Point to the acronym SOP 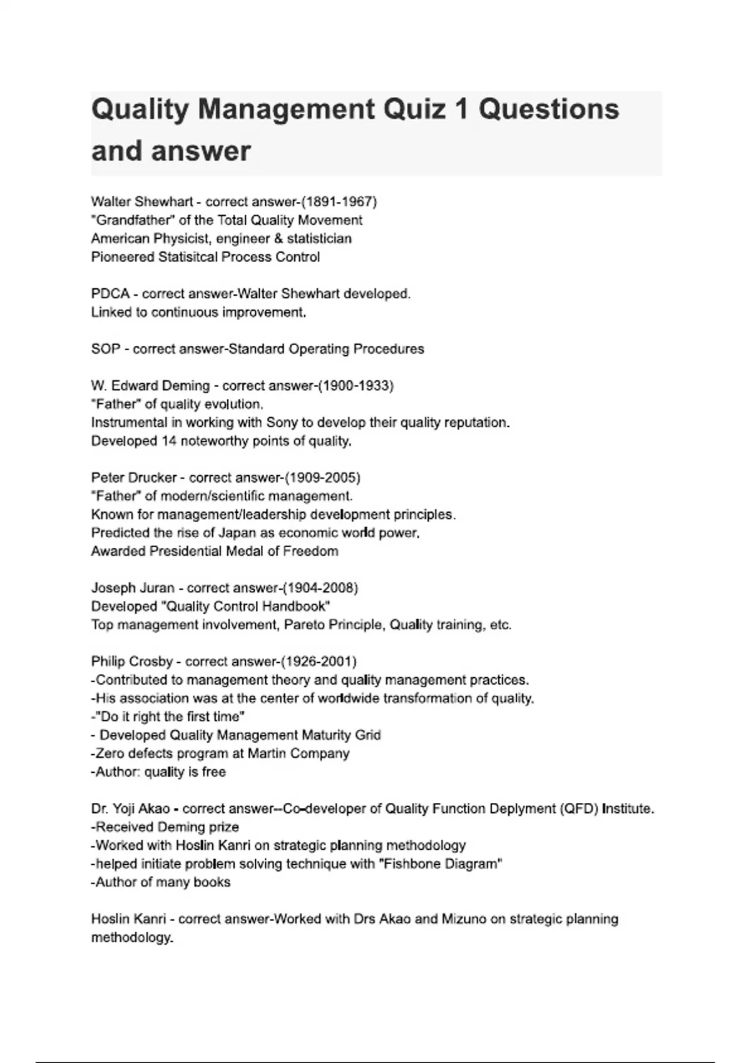105,349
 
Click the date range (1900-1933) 355,386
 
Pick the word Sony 282,423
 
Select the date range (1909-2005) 322,478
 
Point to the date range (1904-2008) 320,588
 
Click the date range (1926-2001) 319,662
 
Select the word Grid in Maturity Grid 368,735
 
